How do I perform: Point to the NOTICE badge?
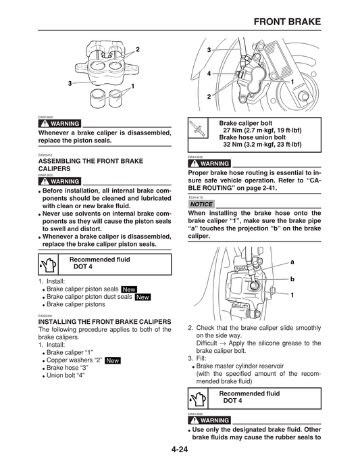(x=202, y=204)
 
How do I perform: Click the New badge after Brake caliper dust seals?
(x=143, y=297)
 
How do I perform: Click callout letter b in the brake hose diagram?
(x=292, y=278)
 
